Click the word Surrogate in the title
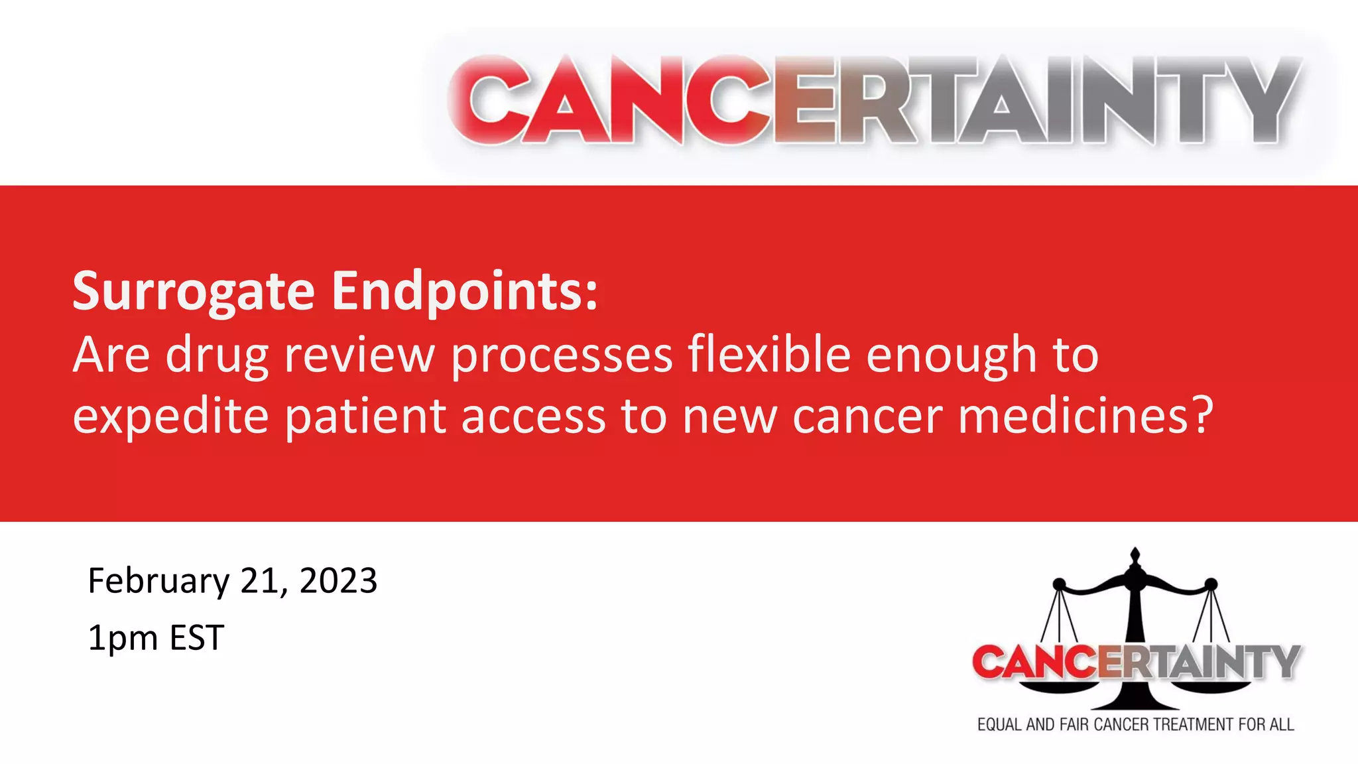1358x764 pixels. point(193,291)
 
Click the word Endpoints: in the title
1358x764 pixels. point(465,291)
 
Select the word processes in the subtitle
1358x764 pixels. point(562,355)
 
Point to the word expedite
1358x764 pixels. point(170,416)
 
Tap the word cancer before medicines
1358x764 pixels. point(867,416)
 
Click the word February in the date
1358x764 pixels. point(158,581)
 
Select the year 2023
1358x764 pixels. point(338,581)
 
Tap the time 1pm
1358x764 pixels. point(123,638)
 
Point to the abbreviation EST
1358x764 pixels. point(197,638)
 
